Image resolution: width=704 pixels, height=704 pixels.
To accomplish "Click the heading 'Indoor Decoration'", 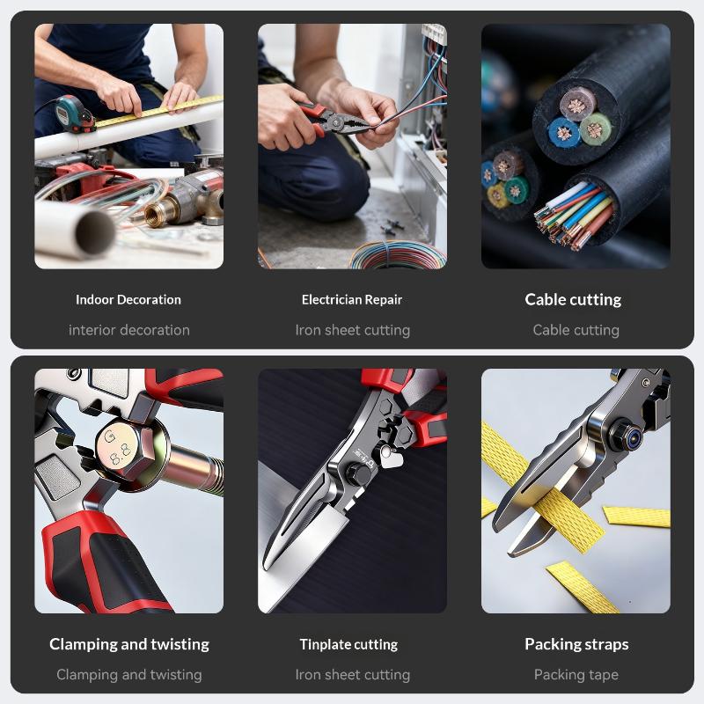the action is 128,299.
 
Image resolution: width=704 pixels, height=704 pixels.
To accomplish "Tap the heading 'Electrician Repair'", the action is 352,299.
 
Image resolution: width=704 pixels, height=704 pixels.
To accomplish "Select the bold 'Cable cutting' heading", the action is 573,299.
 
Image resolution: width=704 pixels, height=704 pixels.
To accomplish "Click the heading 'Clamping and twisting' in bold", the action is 129,644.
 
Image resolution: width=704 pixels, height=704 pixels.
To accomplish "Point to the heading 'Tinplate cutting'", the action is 348,644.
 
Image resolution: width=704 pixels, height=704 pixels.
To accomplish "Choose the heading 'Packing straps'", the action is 576,644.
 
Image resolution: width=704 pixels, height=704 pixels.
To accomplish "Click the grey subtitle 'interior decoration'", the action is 129,330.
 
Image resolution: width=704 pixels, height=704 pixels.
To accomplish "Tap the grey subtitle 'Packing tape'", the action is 576,674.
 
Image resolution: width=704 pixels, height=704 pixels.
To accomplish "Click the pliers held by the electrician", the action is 334,121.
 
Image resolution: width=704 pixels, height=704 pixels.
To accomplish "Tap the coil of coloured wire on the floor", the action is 398,255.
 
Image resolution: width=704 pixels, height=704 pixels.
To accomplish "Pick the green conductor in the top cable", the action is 596,128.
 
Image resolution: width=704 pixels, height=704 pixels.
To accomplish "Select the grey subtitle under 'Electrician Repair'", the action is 353,330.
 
